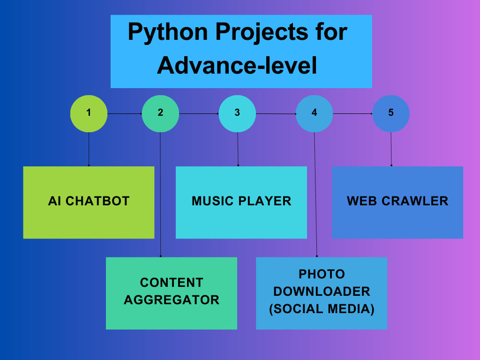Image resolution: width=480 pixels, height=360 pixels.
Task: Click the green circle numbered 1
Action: pos(89,113)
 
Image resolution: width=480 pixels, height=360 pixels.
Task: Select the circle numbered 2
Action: pos(160,113)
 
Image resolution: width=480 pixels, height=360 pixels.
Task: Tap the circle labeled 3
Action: pos(237,113)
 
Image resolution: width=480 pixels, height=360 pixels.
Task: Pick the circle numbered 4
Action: pos(314,113)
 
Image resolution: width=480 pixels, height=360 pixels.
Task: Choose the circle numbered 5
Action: pos(391,113)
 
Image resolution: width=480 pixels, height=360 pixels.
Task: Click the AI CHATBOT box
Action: pos(89,202)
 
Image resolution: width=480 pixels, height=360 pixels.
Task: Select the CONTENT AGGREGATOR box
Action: pos(172,293)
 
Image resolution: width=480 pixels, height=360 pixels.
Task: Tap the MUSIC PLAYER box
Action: pos(241,202)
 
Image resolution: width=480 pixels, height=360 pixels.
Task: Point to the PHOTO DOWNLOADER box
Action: pos(322,293)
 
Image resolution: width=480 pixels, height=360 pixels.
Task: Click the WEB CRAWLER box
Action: pos(397,202)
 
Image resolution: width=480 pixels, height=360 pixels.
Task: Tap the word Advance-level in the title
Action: pos(237,66)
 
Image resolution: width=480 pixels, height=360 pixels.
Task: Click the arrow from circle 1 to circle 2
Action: pos(125,113)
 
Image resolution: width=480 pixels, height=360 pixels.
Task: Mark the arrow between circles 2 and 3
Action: pos(199,113)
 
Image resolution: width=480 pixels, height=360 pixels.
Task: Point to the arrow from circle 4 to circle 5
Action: pos(352,113)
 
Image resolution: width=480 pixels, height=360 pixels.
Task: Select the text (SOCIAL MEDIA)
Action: pos(322,309)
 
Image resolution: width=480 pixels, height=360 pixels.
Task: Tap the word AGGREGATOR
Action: pos(172,300)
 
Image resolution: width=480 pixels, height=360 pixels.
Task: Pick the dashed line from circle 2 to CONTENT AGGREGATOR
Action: pos(160,195)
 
